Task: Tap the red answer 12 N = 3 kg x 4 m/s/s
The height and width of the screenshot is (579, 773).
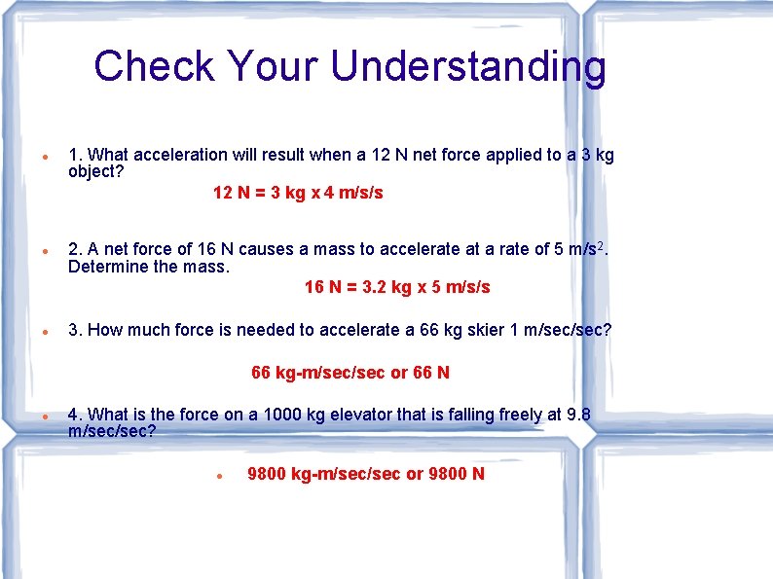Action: click(x=298, y=193)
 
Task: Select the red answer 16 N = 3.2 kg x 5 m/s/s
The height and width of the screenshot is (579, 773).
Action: click(x=397, y=287)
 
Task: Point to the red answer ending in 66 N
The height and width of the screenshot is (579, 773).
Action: click(x=350, y=373)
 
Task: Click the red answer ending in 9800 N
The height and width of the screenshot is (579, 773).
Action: click(x=366, y=474)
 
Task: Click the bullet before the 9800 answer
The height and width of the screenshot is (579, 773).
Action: click(x=222, y=476)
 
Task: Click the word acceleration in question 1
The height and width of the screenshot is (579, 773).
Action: click(x=180, y=155)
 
